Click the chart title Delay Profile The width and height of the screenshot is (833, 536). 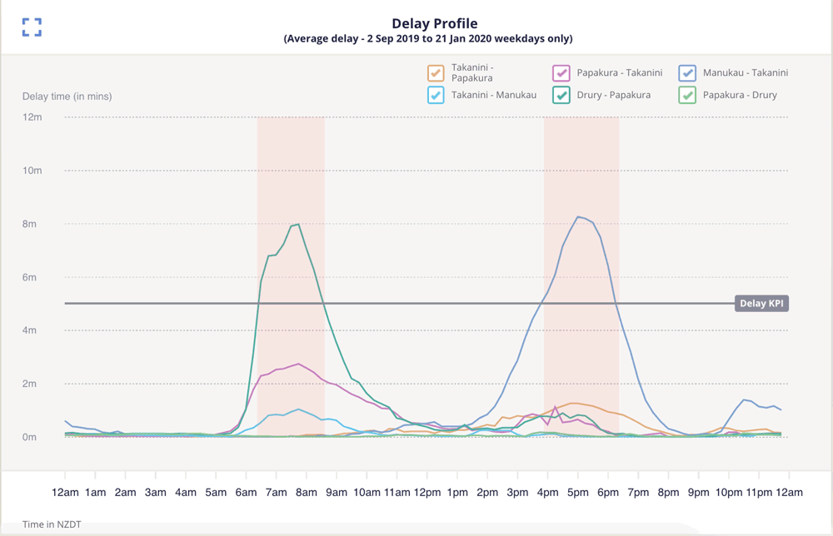point(434,23)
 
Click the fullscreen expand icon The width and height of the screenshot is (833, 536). point(32,27)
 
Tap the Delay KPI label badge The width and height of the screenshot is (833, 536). point(761,304)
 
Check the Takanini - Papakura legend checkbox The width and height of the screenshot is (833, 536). point(436,73)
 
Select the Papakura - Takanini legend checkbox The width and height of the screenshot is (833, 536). point(561,73)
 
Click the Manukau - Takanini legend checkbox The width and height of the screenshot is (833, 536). point(687,73)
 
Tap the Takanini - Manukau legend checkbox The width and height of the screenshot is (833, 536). point(436,95)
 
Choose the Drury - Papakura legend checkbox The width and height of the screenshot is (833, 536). point(561,95)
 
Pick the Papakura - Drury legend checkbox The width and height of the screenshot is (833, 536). point(687,95)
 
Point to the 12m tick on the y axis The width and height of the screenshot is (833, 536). point(33,117)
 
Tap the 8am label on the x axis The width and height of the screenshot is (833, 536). point(307,493)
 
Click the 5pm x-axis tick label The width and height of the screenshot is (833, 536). point(579,493)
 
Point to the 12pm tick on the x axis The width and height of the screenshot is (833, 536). point(427,493)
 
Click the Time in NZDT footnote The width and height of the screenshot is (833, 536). point(52,524)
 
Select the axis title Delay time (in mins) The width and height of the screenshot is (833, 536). point(67,97)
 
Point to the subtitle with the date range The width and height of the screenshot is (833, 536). point(428,39)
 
